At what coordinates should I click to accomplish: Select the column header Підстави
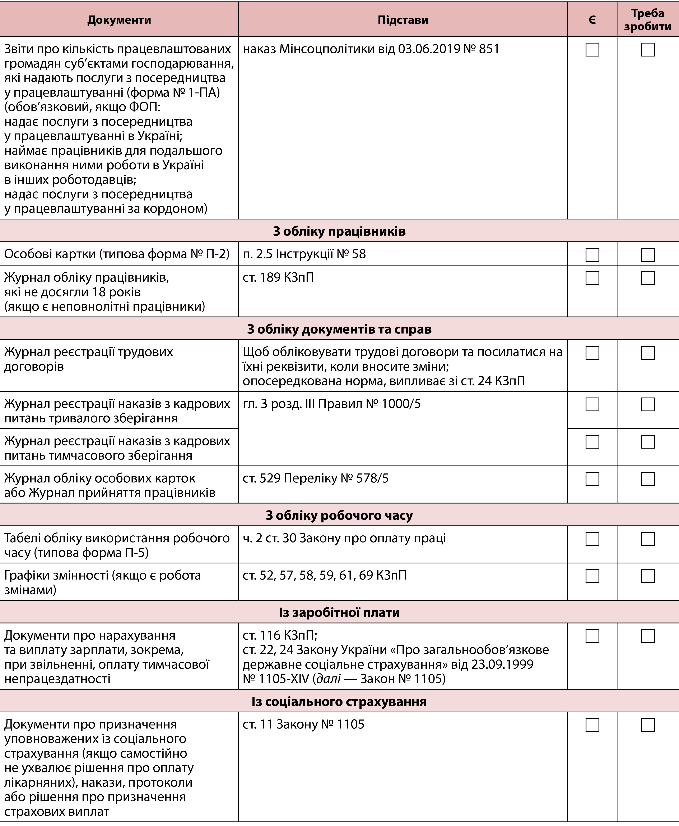(403, 20)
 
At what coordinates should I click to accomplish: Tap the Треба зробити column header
(648, 20)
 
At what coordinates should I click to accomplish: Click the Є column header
(592, 20)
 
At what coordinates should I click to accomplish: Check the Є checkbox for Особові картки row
(592, 255)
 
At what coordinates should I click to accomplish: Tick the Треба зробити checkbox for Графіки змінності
(648, 576)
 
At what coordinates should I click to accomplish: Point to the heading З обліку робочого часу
(339, 515)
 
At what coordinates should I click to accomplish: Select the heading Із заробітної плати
(339, 612)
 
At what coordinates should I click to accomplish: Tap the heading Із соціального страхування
(339, 702)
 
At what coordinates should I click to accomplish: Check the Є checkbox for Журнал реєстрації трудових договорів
(592, 353)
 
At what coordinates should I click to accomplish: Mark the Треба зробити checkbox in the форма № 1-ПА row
(648, 50)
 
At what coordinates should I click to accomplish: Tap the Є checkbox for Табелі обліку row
(592, 539)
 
